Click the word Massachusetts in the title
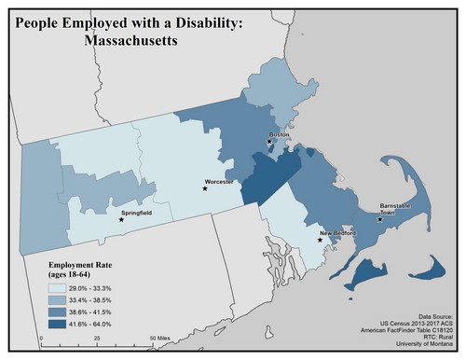(129, 41)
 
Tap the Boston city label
(279, 134)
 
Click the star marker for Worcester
(205, 188)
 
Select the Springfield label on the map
(136, 213)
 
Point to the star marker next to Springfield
(120, 220)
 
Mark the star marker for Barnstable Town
(379, 220)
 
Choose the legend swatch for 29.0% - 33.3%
(62, 289)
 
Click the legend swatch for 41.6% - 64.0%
(62, 321)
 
